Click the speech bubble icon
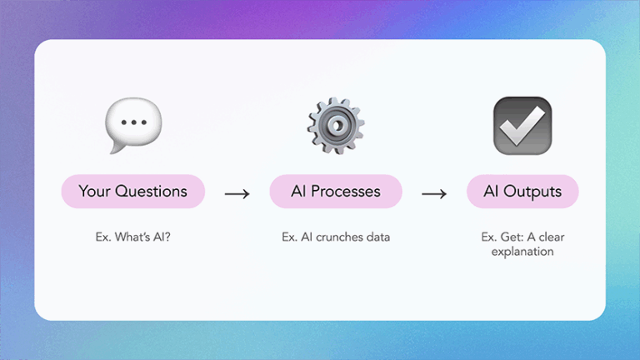(x=133, y=125)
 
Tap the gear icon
(x=335, y=125)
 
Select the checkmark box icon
(x=522, y=125)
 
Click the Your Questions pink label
(x=132, y=192)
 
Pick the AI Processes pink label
(x=335, y=192)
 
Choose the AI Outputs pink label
(x=522, y=192)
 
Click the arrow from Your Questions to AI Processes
(x=237, y=193)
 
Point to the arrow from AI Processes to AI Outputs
(x=434, y=193)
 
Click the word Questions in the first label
(x=151, y=192)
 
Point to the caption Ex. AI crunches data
(x=335, y=237)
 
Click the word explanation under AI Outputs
(x=522, y=251)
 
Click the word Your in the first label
(x=94, y=192)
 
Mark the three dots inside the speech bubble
(x=133, y=122)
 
